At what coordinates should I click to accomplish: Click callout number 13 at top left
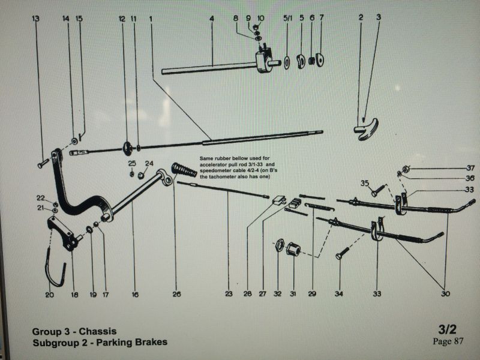(x=36, y=19)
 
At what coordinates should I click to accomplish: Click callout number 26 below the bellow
(x=176, y=295)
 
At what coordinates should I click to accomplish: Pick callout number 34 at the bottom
(x=339, y=295)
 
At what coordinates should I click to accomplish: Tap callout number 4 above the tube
(x=212, y=19)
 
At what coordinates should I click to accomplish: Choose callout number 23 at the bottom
(x=229, y=295)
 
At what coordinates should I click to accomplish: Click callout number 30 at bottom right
(x=445, y=295)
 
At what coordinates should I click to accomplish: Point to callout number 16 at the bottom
(x=135, y=295)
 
